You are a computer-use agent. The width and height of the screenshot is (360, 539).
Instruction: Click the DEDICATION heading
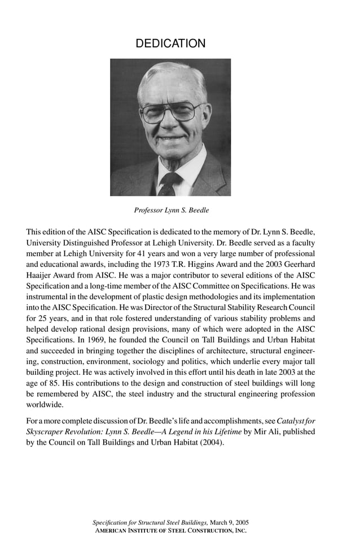pyautogui.click(x=170, y=43)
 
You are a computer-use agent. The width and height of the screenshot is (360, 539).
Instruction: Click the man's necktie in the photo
pyautogui.click(x=169, y=183)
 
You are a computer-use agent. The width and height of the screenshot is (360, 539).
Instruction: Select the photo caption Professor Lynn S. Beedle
pyautogui.click(x=171, y=211)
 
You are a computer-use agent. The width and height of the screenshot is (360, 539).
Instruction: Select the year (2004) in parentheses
pyautogui.click(x=209, y=442)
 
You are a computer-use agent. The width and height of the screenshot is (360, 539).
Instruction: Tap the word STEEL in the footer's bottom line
pyautogui.click(x=162, y=531)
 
